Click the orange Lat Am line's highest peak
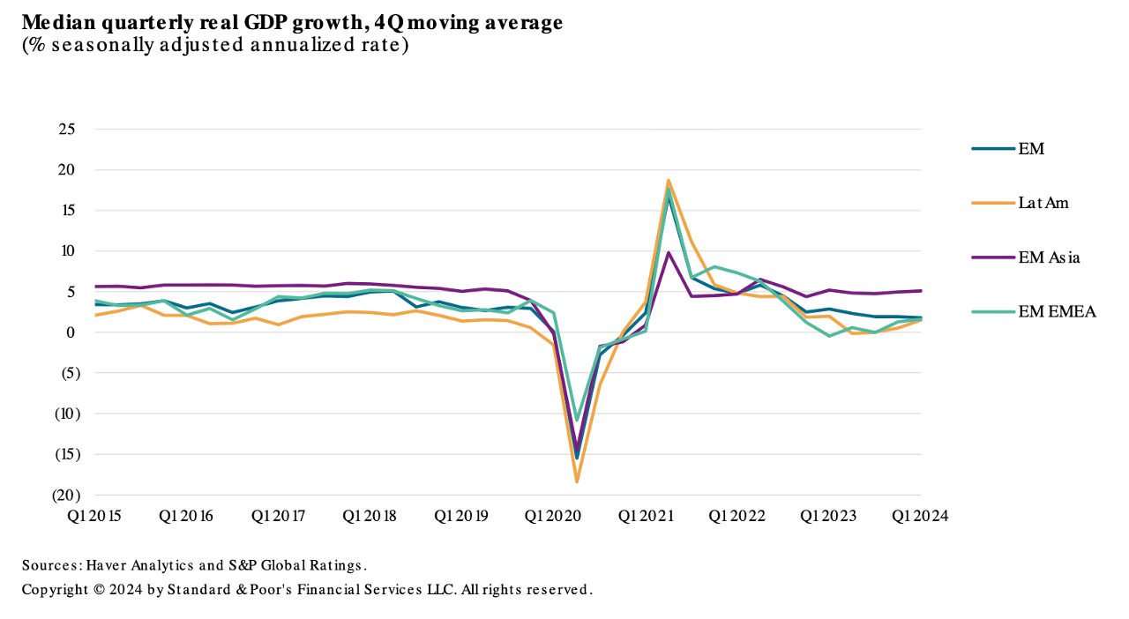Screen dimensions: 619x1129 tap(669, 180)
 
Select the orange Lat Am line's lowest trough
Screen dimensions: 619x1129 tap(577, 481)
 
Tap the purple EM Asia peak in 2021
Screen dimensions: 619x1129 tap(669, 252)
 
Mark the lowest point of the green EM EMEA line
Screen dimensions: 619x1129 tap(577, 420)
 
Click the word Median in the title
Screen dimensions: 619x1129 tap(56, 23)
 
